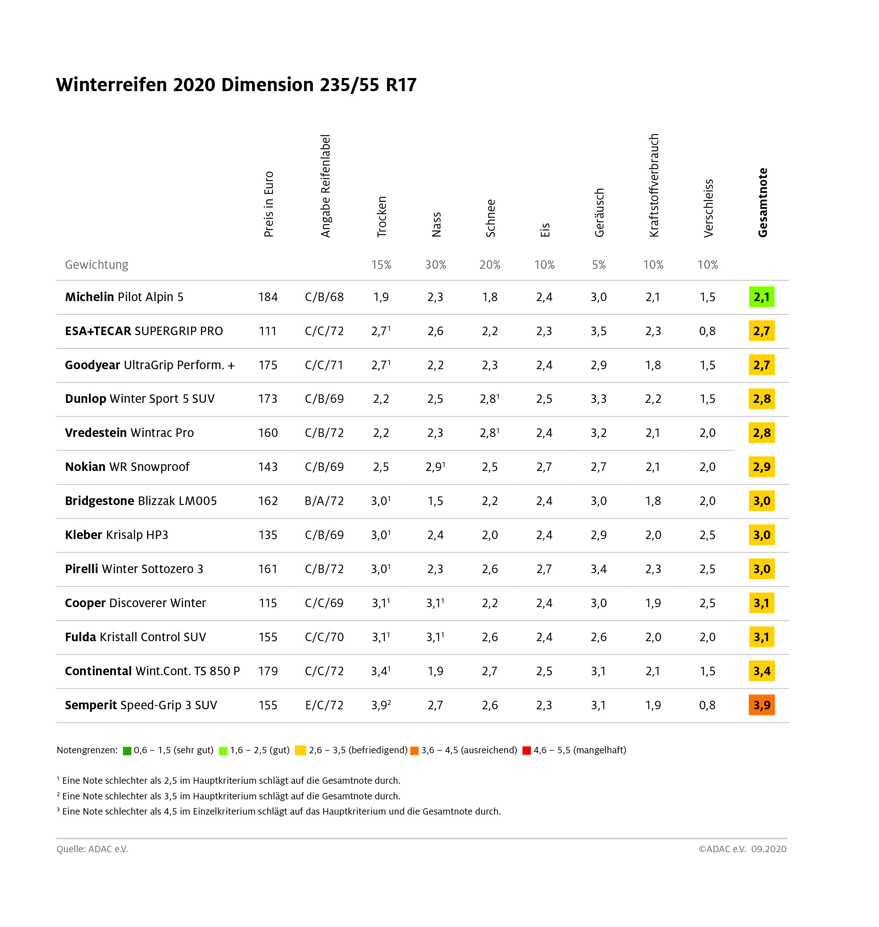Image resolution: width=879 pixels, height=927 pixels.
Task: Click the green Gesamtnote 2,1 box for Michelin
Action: click(761, 297)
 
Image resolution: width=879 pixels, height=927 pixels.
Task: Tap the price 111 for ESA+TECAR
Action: click(268, 331)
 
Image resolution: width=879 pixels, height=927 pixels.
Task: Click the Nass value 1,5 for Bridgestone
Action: click(435, 501)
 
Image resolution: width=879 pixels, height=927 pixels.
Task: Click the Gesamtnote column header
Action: click(762, 202)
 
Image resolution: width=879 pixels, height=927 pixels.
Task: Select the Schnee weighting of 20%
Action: click(489, 265)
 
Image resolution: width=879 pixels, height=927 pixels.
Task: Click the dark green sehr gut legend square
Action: click(127, 751)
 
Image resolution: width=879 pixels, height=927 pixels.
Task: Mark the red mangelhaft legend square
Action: click(527, 751)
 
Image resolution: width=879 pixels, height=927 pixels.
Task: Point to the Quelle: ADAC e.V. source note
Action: click(92, 849)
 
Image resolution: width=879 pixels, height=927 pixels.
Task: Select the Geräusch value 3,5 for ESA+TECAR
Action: click(598, 331)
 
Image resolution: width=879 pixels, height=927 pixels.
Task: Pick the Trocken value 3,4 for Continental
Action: click(380, 671)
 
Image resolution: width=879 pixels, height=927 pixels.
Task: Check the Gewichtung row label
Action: click(96, 265)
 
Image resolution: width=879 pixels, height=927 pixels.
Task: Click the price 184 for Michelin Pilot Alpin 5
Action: click(268, 297)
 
